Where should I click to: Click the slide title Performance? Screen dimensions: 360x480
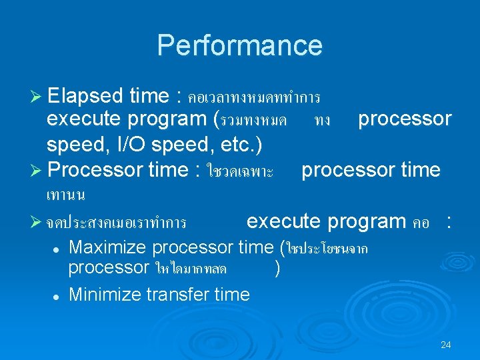coord(239,45)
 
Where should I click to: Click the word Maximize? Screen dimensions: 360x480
coord(108,247)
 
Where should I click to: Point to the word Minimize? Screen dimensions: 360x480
coord(107,294)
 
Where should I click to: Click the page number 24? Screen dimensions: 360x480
coord(446,345)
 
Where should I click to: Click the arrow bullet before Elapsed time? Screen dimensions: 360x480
coord(37,97)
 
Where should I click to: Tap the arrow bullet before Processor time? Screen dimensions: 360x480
coord(37,171)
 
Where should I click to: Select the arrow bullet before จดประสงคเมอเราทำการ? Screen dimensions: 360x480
coord(37,221)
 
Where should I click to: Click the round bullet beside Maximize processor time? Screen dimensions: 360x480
coord(57,249)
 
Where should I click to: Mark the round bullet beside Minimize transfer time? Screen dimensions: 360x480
coord(57,295)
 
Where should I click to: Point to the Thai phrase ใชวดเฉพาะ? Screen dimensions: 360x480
coord(240,172)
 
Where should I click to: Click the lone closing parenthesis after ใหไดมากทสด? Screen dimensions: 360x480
coord(277,268)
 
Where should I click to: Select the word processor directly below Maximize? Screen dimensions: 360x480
coord(109,268)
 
